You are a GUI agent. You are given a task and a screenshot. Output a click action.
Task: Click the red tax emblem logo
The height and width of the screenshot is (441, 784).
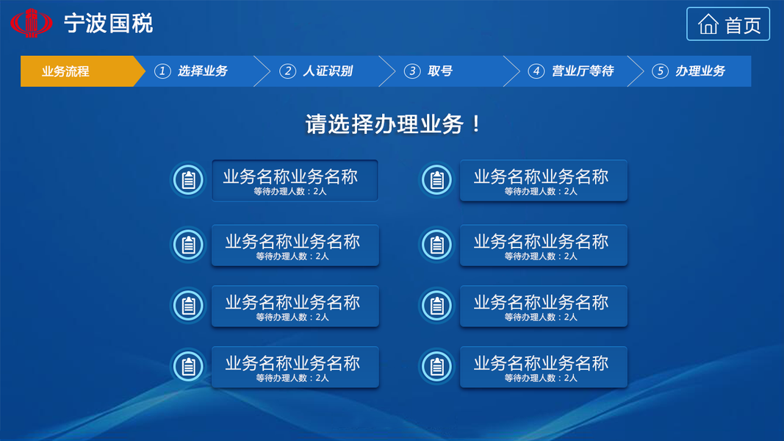pos(32,23)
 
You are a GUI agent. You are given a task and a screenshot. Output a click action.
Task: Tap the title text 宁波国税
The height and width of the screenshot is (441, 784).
pos(108,24)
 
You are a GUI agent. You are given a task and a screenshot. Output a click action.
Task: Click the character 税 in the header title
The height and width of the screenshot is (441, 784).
pos(143,24)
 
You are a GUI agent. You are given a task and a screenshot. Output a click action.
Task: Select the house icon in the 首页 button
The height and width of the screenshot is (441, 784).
pos(708,24)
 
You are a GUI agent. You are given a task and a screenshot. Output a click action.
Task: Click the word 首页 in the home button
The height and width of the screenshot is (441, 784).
pos(743,25)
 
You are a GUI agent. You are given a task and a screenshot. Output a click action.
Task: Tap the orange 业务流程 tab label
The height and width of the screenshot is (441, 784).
pos(65,71)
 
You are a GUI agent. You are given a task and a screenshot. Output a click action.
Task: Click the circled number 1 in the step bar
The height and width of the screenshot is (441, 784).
pos(162,71)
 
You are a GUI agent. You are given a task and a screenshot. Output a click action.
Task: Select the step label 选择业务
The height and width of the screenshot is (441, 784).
pos(203,71)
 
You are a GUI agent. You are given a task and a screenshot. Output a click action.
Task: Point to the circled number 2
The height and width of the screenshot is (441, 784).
pos(287,71)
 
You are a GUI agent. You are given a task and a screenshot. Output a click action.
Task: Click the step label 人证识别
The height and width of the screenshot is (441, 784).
pos(328,71)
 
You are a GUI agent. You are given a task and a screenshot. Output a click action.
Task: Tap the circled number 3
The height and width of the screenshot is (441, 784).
pos(412,71)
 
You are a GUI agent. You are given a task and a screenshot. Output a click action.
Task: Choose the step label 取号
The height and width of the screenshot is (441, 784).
pos(440,71)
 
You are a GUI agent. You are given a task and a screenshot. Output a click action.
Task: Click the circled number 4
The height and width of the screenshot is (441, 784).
pos(536,71)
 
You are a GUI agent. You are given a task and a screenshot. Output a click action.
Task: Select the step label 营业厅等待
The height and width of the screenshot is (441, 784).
pos(583,71)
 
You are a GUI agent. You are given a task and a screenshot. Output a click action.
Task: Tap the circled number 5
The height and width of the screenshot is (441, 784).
pos(660,71)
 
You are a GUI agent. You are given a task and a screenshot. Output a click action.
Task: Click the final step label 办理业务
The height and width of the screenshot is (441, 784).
pos(700,71)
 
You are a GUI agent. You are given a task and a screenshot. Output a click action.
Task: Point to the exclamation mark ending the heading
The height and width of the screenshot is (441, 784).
pos(476,124)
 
